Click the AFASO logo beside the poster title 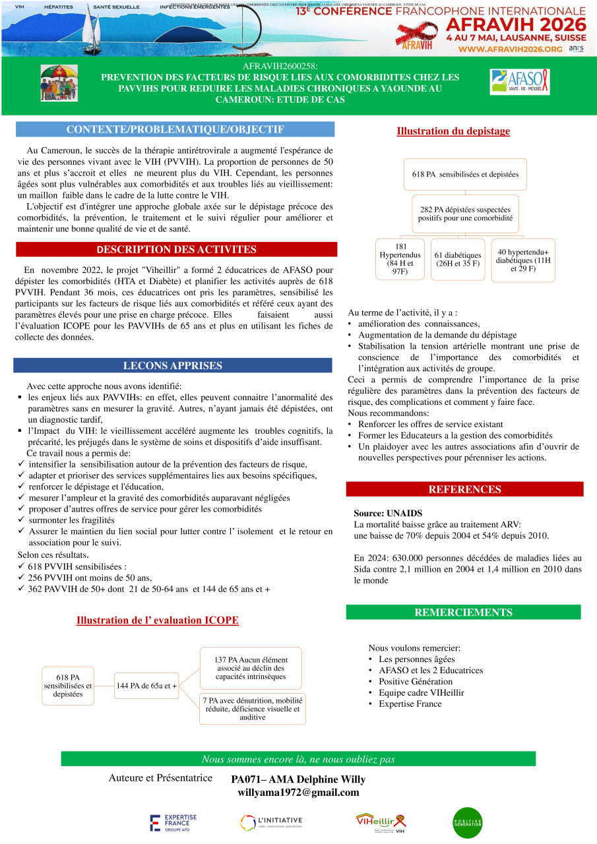click(519, 82)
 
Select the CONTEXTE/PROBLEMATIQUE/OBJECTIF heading click(175, 129)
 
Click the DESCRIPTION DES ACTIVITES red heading click(176, 249)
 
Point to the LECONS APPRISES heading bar click(173, 365)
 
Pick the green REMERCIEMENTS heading click(463, 613)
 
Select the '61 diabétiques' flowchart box click(458, 260)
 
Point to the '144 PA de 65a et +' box click(147, 686)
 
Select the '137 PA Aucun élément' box click(253, 667)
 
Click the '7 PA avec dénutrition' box click(253, 708)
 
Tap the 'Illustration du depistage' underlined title click(453, 131)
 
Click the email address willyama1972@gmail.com click(298, 793)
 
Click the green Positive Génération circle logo click(468, 822)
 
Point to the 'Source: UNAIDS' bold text click(388, 513)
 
